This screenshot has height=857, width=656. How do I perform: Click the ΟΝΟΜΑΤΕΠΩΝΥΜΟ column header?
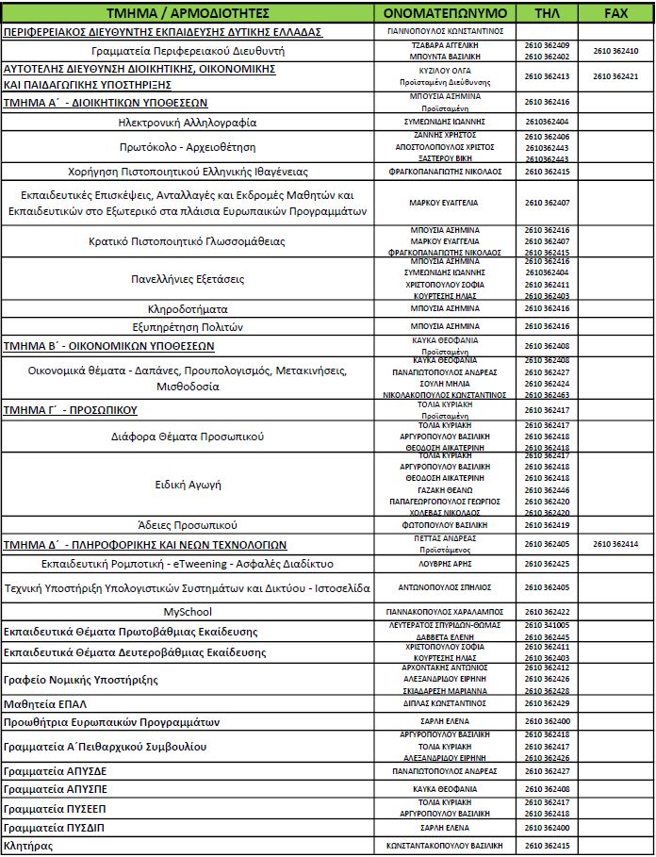(x=447, y=13)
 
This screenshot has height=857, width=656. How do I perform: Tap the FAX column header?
(x=616, y=13)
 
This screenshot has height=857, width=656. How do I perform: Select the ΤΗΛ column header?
(x=547, y=13)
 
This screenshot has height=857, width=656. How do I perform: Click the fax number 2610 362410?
(x=616, y=51)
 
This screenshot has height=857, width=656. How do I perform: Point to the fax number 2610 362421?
(x=616, y=76)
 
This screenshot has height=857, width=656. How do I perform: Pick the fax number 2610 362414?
(x=616, y=544)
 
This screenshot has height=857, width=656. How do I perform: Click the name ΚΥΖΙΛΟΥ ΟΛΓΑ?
(x=447, y=71)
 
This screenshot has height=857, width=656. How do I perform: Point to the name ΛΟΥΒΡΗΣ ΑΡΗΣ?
(x=447, y=563)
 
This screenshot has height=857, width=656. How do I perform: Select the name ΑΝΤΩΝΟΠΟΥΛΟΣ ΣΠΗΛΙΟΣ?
(x=447, y=587)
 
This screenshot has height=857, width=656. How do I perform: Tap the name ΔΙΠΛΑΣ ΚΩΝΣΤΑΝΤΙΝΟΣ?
(x=447, y=703)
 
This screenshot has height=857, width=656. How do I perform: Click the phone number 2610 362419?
(x=547, y=524)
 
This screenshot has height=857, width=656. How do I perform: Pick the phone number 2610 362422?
(x=547, y=612)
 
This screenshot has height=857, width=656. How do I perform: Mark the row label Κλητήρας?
(x=28, y=846)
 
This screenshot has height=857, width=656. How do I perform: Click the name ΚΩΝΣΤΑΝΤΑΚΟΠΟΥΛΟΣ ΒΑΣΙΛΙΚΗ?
(x=447, y=846)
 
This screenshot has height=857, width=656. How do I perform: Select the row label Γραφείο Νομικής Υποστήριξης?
(x=81, y=679)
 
